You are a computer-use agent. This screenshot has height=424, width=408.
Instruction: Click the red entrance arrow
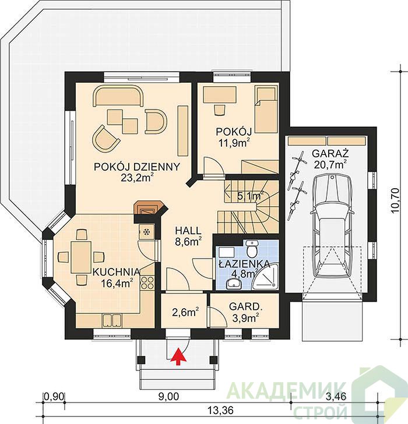click(178, 356)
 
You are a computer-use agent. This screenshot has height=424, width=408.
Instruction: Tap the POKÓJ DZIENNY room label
click(136, 167)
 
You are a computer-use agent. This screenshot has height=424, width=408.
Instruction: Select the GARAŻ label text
click(330, 153)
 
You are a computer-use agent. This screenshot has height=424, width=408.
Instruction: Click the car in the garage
click(332, 225)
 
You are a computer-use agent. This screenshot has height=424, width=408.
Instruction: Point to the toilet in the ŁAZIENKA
click(252, 248)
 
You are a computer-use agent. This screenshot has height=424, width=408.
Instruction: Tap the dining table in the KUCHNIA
click(81, 257)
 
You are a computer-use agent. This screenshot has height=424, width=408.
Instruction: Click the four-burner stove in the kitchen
click(147, 282)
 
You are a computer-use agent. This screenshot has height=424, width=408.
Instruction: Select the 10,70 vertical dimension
click(395, 200)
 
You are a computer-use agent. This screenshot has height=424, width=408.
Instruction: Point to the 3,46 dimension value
click(336, 397)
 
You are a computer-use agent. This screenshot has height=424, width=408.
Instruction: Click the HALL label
click(188, 231)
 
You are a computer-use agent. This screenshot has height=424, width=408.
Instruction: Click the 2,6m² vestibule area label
click(185, 313)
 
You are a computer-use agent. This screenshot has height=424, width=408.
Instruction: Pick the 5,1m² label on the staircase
click(251, 196)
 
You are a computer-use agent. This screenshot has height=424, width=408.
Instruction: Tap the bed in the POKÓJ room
click(266, 109)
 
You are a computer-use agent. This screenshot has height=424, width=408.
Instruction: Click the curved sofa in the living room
click(118, 96)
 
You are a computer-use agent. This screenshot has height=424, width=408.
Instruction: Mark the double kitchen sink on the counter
click(112, 320)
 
